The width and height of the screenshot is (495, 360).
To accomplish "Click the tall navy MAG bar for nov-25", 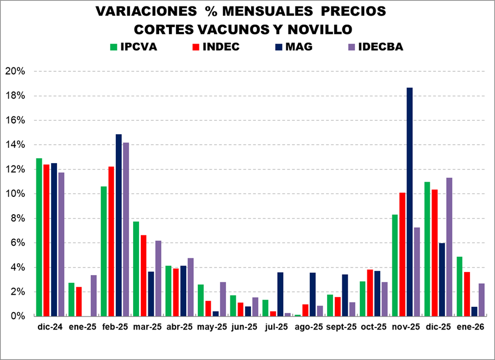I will pos(410,201).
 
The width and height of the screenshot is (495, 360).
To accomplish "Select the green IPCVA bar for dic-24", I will pos(39,237).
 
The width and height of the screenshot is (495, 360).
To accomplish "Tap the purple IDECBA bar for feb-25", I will pos(126,229).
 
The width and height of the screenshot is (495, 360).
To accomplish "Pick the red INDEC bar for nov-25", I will pos(403,254).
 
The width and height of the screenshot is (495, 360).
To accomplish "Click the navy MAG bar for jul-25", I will pos(280,294).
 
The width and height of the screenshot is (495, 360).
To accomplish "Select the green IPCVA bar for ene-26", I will pos(459,286).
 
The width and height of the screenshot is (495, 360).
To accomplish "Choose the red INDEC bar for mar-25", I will pos(143,275).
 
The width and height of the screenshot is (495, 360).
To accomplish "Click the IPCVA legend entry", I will pos(133,47).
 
